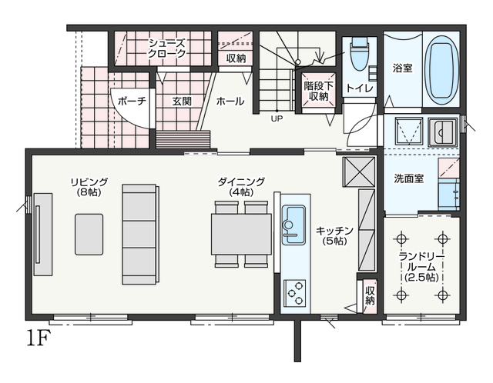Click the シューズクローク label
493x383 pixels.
167,48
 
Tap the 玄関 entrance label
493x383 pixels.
182,102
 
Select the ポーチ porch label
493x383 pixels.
132,101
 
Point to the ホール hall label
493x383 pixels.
230,101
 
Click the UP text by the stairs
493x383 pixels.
277,118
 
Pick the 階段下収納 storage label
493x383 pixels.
318,91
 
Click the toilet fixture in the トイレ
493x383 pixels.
360,53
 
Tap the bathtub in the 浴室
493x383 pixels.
441,71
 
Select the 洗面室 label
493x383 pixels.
409,178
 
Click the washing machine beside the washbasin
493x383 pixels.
408,132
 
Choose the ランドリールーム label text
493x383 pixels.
421,267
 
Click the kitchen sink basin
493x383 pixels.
294,225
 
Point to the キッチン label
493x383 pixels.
334,236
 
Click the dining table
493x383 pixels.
241,234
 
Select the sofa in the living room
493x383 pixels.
140,235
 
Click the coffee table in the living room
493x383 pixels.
89,235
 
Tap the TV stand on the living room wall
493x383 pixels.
43,235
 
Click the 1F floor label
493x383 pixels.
38,338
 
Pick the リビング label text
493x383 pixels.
89,182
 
